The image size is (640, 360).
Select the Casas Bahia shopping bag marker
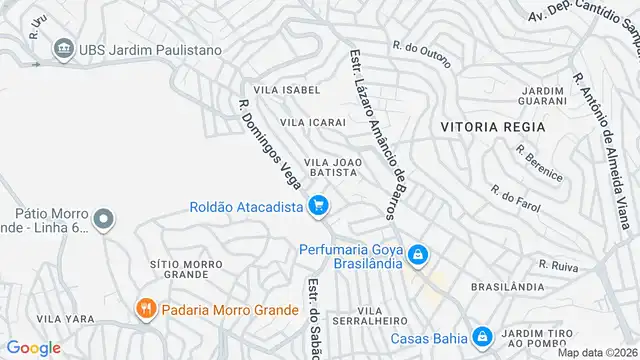481,336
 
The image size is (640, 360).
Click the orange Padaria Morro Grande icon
145,310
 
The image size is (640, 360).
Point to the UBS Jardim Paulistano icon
63,48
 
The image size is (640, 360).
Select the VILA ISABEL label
287,90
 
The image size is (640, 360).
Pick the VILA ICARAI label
313,122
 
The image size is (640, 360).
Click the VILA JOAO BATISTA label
330,166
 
